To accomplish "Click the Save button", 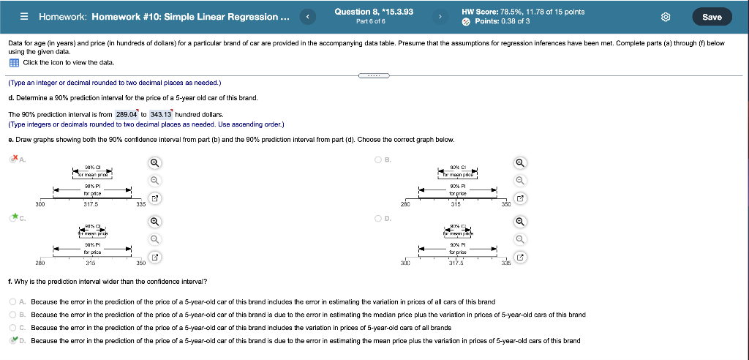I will point(711,17).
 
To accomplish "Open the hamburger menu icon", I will point(23,17).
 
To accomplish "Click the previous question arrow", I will point(309,16).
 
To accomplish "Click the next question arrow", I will point(440,16).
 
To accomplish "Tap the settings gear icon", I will point(666,17).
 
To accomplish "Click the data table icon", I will point(13,62).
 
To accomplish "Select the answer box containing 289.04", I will point(132,114).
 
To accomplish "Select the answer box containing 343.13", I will point(160,114).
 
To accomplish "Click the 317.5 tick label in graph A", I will point(91,204).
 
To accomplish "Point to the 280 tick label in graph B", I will point(406,204).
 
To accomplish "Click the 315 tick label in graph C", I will point(91,262).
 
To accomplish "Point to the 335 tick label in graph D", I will point(506,263).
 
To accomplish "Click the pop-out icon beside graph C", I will point(154,257).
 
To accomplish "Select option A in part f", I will point(13,301).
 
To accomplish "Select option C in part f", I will point(13,328).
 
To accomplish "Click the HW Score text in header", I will point(523,12).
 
